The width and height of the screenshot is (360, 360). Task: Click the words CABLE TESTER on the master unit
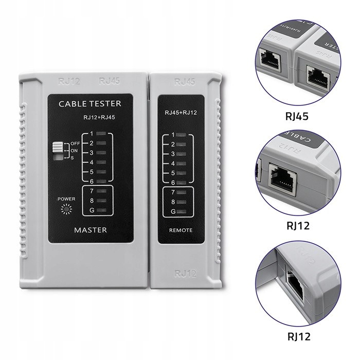[90, 103]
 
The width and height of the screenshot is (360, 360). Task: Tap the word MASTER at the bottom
[90, 230]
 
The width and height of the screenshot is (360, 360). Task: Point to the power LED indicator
[65, 209]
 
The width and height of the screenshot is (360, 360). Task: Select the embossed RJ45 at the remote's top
[184, 82]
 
